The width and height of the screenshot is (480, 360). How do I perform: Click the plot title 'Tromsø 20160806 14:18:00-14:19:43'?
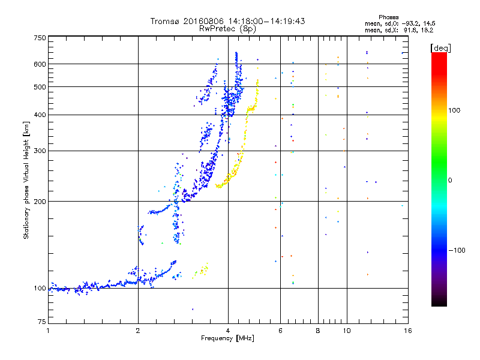pyautogui.click(x=228, y=21)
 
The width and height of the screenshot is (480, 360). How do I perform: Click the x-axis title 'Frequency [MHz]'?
pyautogui.click(x=227, y=338)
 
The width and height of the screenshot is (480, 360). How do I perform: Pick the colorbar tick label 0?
pyautogui.click(x=450, y=180)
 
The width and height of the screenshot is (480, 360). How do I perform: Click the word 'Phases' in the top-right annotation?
pyautogui.click(x=389, y=17)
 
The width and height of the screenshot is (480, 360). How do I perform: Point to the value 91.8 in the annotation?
pyautogui.click(x=415, y=29)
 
